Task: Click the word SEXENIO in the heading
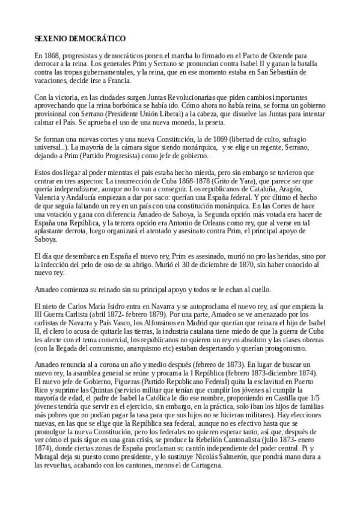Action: pyautogui.click(x=50, y=38)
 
